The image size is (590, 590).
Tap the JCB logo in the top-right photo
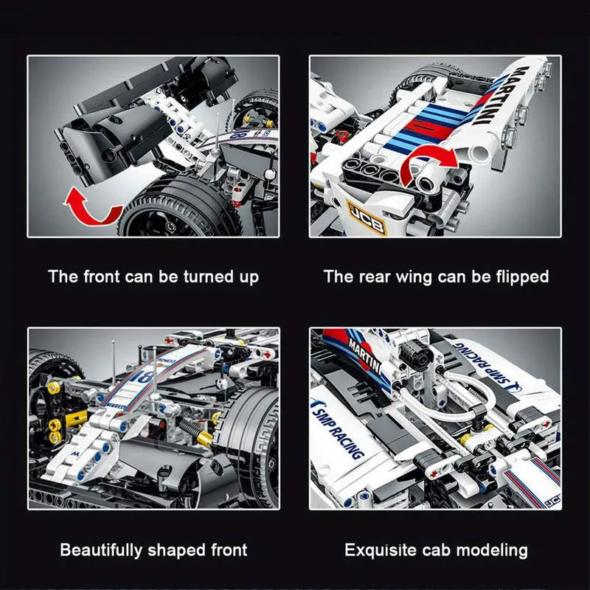pyautogui.click(x=366, y=218)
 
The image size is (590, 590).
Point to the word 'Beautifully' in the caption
pyautogui.click(x=101, y=550)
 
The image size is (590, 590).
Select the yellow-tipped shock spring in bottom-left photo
pyautogui.click(x=195, y=433)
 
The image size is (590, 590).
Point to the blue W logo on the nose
pyautogui.click(x=76, y=454)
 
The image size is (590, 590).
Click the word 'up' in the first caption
pyautogui.click(x=249, y=278)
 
